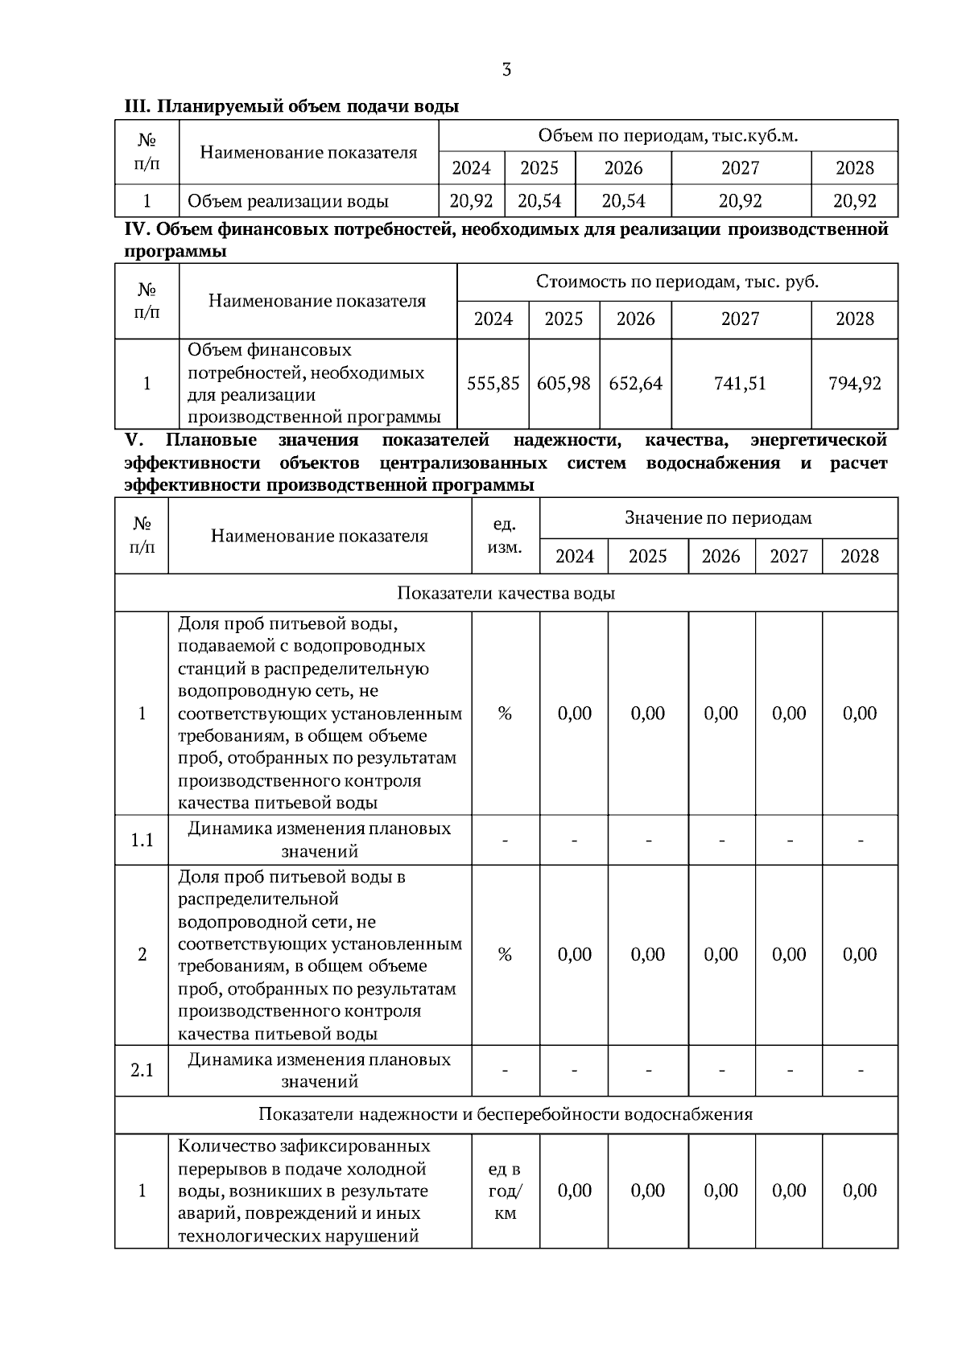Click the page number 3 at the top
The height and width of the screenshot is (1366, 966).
[506, 70]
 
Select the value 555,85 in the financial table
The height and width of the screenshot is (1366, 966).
[493, 384]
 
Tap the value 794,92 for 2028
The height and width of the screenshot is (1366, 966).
[854, 384]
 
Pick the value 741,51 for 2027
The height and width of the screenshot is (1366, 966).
[740, 384]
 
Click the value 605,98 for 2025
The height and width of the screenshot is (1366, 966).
[563, 384]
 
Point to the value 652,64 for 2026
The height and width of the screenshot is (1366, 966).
[635, 384]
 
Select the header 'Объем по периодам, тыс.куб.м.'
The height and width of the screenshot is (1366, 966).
[667, 136]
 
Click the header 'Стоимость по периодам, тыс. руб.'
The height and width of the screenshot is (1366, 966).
[677, 282]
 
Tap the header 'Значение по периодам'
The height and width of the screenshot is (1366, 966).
[718, 518]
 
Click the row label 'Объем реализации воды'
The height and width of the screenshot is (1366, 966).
[287, 201]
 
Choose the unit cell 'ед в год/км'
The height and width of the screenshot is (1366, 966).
[505, 1191]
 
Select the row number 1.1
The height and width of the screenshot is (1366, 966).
[142, 841]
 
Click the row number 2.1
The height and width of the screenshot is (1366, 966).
[142, 1071]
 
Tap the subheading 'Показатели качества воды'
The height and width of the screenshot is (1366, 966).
[506, 593]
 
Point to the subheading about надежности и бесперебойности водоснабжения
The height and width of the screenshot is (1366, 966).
[506, 1114]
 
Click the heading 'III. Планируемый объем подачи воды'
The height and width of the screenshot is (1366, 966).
[291, 106]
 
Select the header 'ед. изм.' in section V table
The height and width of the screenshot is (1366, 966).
[505, 536]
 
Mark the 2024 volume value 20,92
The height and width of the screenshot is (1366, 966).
[471, 201]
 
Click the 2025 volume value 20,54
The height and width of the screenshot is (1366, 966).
[539, 201]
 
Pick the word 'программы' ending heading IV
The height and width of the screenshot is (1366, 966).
[175, 252]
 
